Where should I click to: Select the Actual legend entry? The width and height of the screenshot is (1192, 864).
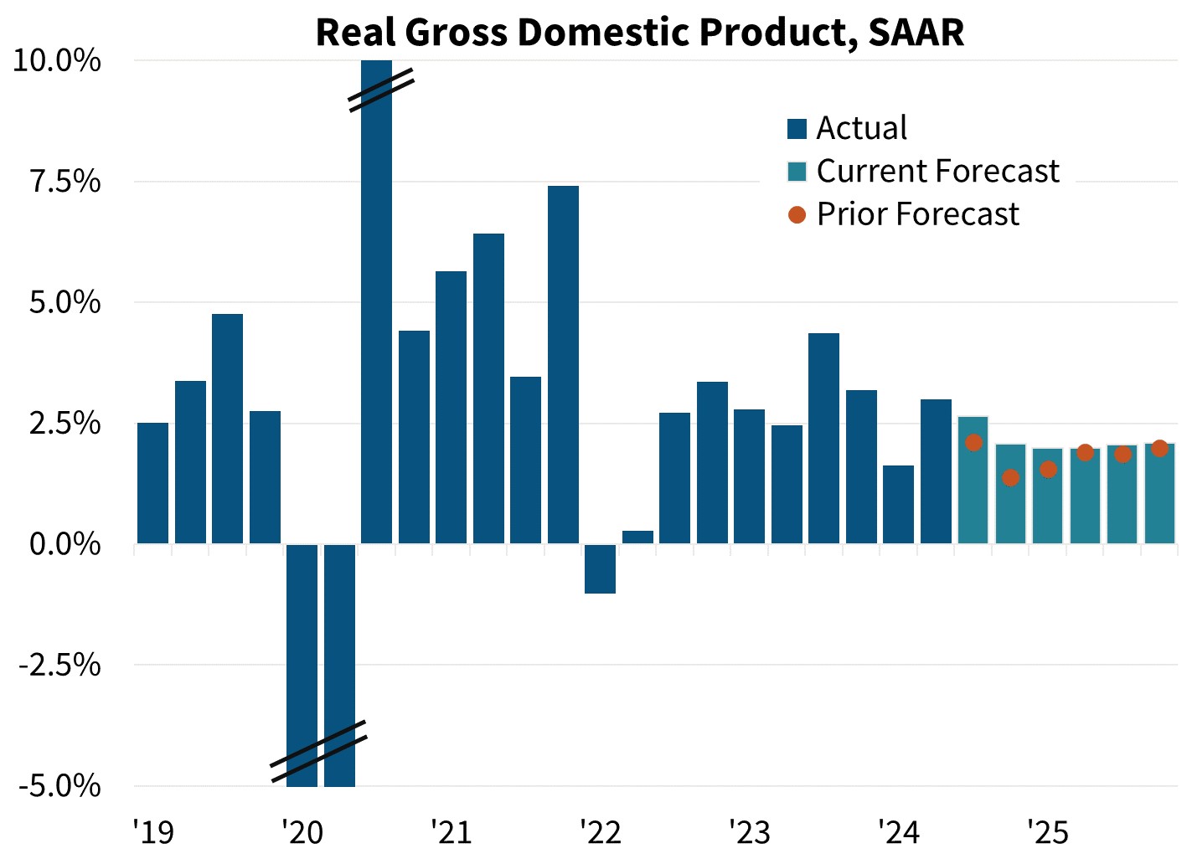pos(861,128)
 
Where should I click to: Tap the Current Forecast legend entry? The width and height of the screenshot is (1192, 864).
pos(937,171)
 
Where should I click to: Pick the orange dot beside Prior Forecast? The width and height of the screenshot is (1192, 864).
pos(797,215)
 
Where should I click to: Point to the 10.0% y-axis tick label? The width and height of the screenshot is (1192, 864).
pos(57,61)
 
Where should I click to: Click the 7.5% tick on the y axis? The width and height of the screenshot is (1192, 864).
pos(65,182)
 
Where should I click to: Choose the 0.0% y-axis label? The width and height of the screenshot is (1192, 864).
pos(65,544)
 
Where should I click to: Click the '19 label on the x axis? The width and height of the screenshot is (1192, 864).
pos(153,832)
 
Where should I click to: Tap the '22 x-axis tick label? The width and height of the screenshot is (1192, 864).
pos(601,832)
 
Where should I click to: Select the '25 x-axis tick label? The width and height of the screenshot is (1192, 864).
pos(1048,832)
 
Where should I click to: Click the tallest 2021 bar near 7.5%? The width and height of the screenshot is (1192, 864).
pos(563,364)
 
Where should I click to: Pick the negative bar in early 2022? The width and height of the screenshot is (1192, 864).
pos(600,569)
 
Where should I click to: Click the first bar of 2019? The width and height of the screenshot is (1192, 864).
pos(152,483)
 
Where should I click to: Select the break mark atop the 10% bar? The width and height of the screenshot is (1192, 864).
pos(382,90)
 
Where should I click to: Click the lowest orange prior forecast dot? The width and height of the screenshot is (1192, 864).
pos(1010,478)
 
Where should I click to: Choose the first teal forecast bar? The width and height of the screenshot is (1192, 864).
pos(973,480)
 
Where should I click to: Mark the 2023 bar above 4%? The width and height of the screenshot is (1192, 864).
pos(823,438)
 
